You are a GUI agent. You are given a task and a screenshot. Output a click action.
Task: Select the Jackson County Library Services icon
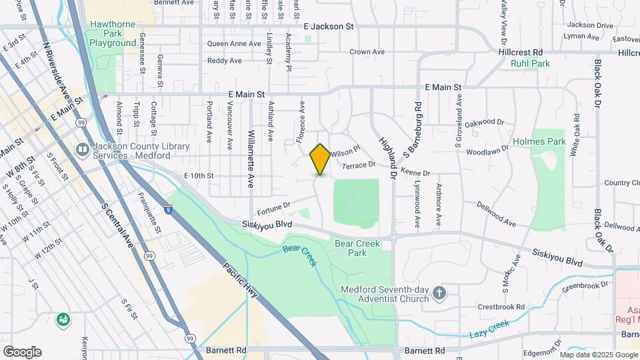(x=83, y=149)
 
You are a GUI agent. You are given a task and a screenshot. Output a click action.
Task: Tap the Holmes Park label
(x=539, y=142)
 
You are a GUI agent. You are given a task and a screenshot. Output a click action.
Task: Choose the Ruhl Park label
(x=530, y=63)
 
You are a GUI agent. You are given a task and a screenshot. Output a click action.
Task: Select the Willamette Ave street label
(x=251, y=149)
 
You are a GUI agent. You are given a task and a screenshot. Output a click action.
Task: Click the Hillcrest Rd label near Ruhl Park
(x=520, y=52)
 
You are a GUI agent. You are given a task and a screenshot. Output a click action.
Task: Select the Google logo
(x=22, y=351)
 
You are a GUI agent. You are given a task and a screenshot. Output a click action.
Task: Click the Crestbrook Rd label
(x=501, y=307)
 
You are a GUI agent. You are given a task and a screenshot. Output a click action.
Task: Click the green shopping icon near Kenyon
(x=64, y=320)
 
